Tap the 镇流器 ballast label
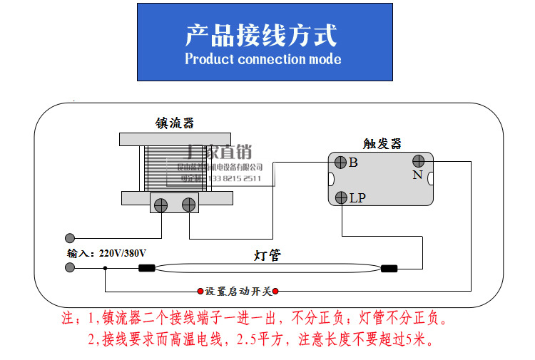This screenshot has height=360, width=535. tap(175, 123)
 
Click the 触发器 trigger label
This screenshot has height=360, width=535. tap(382, 143)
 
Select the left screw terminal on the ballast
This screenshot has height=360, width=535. tap(161, 205)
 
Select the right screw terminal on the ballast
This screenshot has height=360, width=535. tap(188, 205)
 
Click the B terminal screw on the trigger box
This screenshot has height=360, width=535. tap(340, 162)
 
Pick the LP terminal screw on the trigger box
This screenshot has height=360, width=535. tap(341, 197)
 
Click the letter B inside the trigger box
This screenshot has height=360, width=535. tap(353, 163)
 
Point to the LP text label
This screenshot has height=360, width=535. tap(357, 198)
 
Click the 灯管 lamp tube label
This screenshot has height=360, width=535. tap(267, 254)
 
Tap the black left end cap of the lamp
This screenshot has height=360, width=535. tap(146, 269)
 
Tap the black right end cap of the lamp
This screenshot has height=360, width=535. tap(389, 269)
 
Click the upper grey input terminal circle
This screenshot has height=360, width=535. tap(70, 238)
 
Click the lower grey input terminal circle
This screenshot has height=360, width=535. tap(70, 268)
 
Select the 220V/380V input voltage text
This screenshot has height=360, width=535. tap(123, 253)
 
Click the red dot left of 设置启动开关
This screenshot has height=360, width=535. tap(200, 291)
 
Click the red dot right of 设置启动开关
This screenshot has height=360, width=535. tap(275, 291)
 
